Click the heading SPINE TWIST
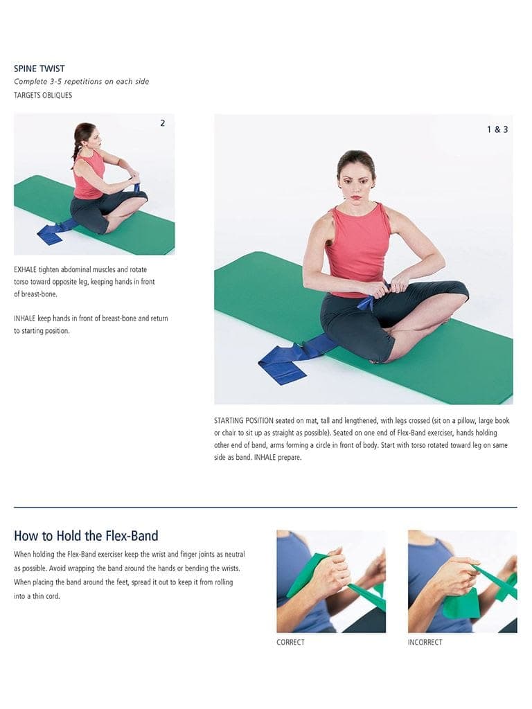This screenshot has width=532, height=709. click(x=39, y=69)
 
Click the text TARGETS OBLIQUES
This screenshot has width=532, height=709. click(x=43, y=95)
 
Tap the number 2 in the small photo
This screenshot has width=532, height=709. click(x=162, y=123)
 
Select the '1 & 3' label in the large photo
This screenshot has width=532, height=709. click(x=497, y=129)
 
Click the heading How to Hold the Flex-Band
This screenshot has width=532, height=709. click(x=86, y=536)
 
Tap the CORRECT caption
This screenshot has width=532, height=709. click(x=290, y=642)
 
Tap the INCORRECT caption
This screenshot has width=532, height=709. click(x=425, y=642)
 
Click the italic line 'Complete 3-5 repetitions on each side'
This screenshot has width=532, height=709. click(x=82, y=82)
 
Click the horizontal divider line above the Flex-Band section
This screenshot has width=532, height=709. click(x=265, y=508)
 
